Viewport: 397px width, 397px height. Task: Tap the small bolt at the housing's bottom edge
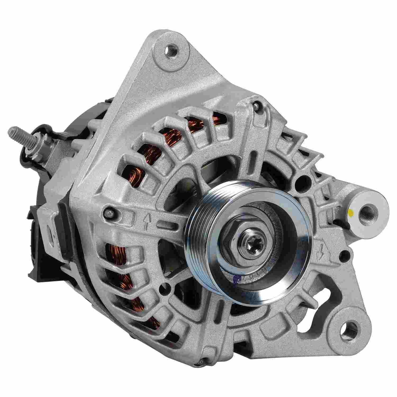[202, 360]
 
